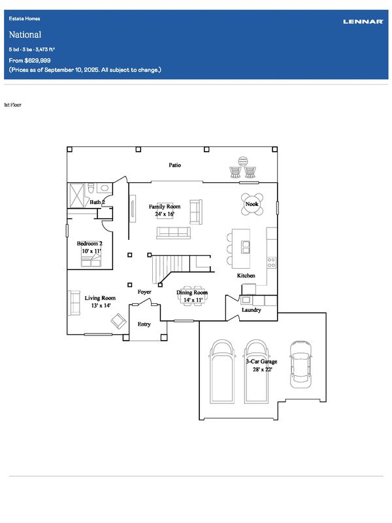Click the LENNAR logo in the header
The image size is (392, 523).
click(363, 22)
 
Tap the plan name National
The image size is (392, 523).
click(25, 35)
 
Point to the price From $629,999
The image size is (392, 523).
click(29, 60)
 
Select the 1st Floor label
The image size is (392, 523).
click(12, 105)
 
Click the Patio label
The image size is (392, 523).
click(174, 165)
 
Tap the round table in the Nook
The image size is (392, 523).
click(252, 204)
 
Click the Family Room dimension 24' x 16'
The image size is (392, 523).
click(165, 214)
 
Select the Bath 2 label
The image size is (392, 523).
click(97, 202)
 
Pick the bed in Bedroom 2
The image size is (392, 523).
click(91, 260)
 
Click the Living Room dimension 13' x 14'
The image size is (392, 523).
click(101, 305)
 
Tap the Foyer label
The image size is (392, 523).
click(144, 292)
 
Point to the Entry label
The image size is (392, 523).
click(144, 324)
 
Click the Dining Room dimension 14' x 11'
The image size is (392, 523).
click(193, 300)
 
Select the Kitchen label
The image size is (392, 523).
click(246, 275)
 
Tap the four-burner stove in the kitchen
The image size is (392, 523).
click(271, 263)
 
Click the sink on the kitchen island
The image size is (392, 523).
click(246, 247)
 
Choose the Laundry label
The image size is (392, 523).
click(252, 310)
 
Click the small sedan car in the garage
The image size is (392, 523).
click(301, 364)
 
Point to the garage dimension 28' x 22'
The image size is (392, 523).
click(263, 369)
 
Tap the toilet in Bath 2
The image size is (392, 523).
click(90, 189)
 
